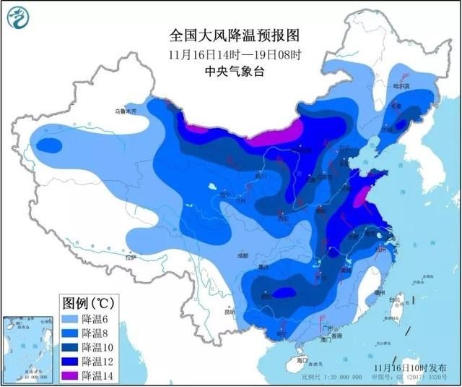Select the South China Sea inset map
(26, 348)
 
